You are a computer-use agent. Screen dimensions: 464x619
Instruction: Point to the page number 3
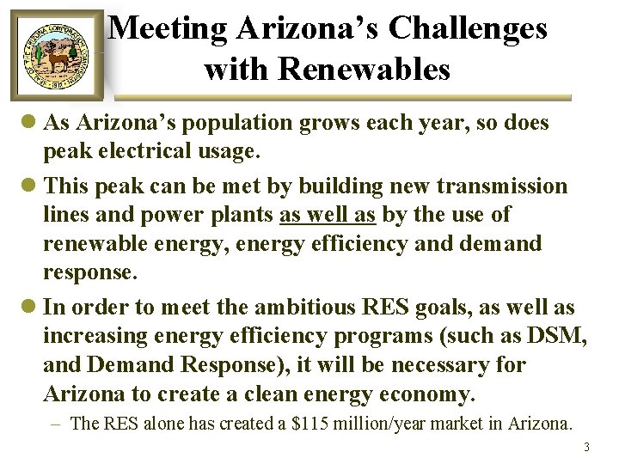click(586, 447)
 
